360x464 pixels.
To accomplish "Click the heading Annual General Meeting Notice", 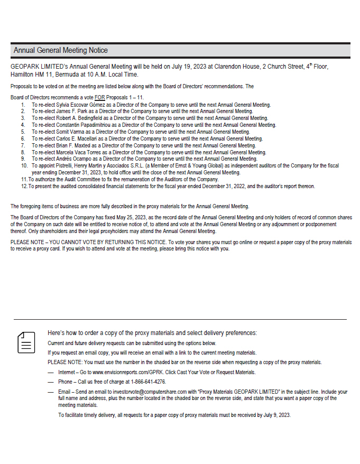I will click(x=61, y=50).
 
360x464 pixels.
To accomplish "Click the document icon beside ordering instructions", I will click(x=26, y=342).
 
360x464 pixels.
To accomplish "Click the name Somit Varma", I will click(x=68, y=132).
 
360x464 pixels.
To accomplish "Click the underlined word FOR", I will click(x=99, y=98).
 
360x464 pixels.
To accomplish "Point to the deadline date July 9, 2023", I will click(x=276, y=415).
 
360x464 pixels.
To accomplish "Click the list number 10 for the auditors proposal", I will click(x=24, y=165).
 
